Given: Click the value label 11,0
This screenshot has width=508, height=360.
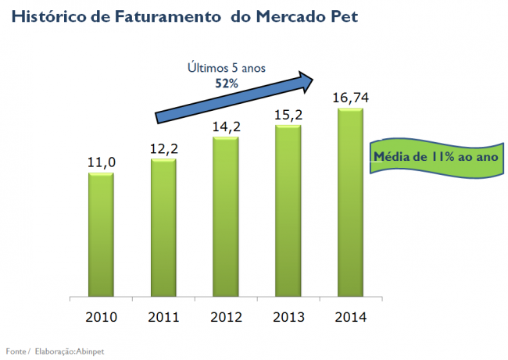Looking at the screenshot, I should pyautogui.click(x=102, y=162).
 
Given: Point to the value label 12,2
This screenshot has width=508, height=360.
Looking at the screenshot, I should pyautogui.click(x=164, y=148).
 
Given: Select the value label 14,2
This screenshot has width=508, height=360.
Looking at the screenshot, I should pyautogui.click(x=227, y=127).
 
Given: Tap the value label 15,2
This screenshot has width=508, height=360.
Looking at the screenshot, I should pyautogui.click(x=288, y=114).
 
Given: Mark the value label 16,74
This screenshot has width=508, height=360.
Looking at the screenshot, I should pyautogui.click(x=351, y=97).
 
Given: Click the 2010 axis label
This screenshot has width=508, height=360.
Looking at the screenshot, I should pyautogui.click(x=102, y=317).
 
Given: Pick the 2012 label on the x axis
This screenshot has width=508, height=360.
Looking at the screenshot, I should pyautogui.click(x=227, y=317).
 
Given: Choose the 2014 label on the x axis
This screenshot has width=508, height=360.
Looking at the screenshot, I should pyautogui.click(x=351, y=317).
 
